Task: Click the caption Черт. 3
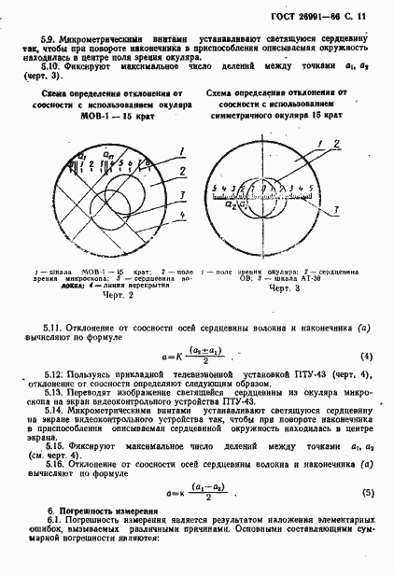283,289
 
